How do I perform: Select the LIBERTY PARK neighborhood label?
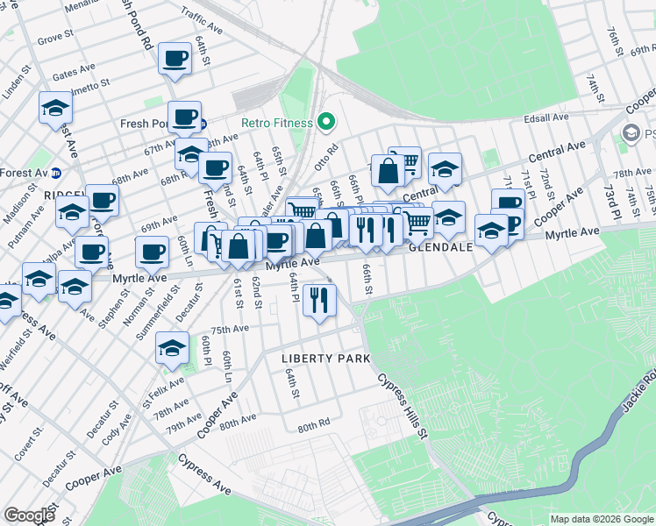coord(325,359)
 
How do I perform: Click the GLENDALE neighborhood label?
coord(441,248)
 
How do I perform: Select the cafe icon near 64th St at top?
coord(175,60)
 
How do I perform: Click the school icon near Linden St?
coord(55,109)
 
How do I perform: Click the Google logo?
coord(29,515)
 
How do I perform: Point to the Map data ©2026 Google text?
coord(601,519)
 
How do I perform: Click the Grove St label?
coord(55,38)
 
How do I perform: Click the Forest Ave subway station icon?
coord(55,173)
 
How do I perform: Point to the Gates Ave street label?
coord(74,70)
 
